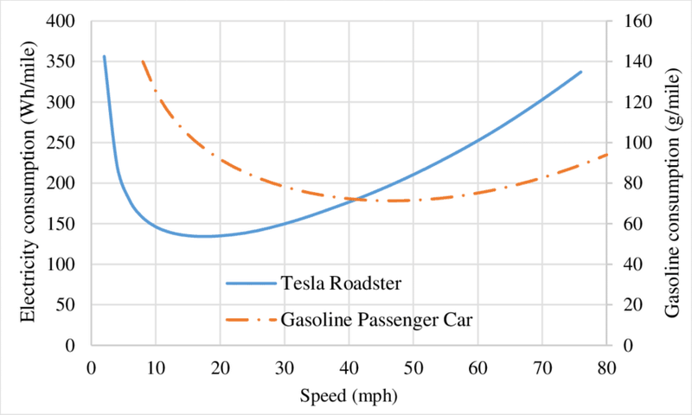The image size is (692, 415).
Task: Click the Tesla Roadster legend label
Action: [x=328, y=283]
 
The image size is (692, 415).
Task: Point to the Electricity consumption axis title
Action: [x=28, y=182]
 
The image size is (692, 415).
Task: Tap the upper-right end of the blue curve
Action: [x=580, y=72]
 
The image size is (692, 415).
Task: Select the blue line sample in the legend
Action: [x=250, y=283]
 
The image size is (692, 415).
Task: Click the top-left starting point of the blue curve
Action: [x=105, y=57]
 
